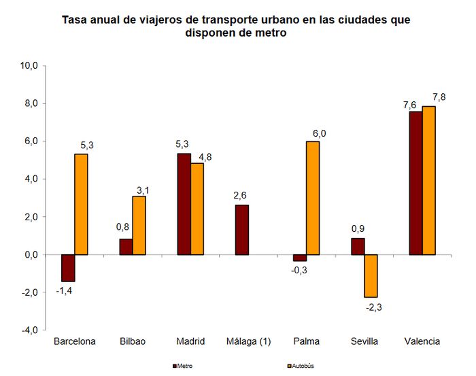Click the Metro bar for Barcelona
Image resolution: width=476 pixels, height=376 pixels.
pyautogui.click(x=68, y=268)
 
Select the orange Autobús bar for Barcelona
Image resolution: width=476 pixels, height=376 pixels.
pyautogui.click(x=81, y=204)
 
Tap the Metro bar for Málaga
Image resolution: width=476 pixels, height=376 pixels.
pyautogui.click(x=241, y=230)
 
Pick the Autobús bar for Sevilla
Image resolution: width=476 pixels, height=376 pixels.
pyautogui.click(x=371, y=275)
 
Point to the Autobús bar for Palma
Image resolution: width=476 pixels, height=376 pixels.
pyautogui.click(x=313, y=198)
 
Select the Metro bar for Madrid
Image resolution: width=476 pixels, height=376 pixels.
pyautogui.click(x=184, y=204)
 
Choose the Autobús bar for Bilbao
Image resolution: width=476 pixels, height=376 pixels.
pyautogui.click(x=139, y=225)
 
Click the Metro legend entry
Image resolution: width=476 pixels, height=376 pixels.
pyautogui.click(x=182, y=366)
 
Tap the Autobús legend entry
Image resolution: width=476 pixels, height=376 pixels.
pyautogui.click(x=300, y=366)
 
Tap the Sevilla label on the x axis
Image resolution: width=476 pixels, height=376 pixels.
pyautogui.click(x=364, y=341)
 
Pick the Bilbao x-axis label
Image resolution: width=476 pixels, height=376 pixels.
pyautogui.click(x=133, y=341)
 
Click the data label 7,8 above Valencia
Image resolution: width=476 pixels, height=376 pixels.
pyautogui.click(x=439, y=97)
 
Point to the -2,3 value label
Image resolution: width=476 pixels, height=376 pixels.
pyautogui.click(x=374, y=307)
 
